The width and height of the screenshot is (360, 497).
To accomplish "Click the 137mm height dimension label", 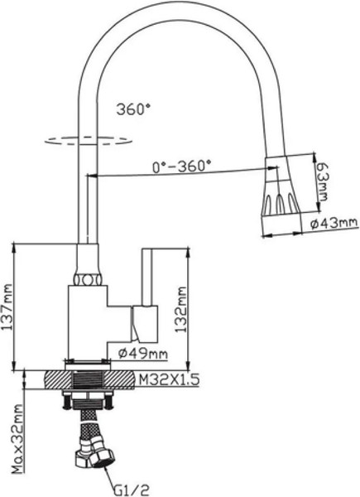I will coord(7,307).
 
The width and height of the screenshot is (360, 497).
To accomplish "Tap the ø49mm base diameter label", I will coord(142,355).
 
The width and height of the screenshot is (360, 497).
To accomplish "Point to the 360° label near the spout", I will coord(135,108).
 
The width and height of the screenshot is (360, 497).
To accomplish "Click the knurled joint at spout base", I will coord(88,276).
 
